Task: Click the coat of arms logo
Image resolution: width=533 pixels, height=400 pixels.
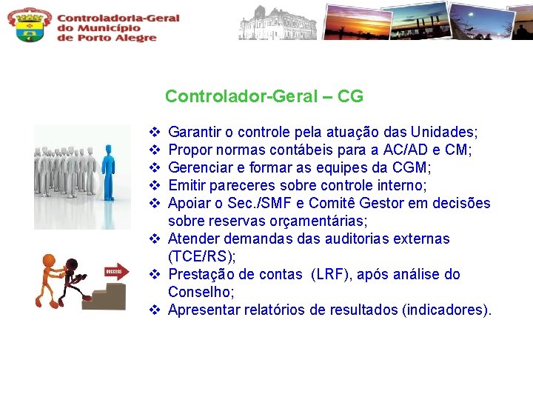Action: point(30,25)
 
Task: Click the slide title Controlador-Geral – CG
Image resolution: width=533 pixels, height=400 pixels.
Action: point(264,96)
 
